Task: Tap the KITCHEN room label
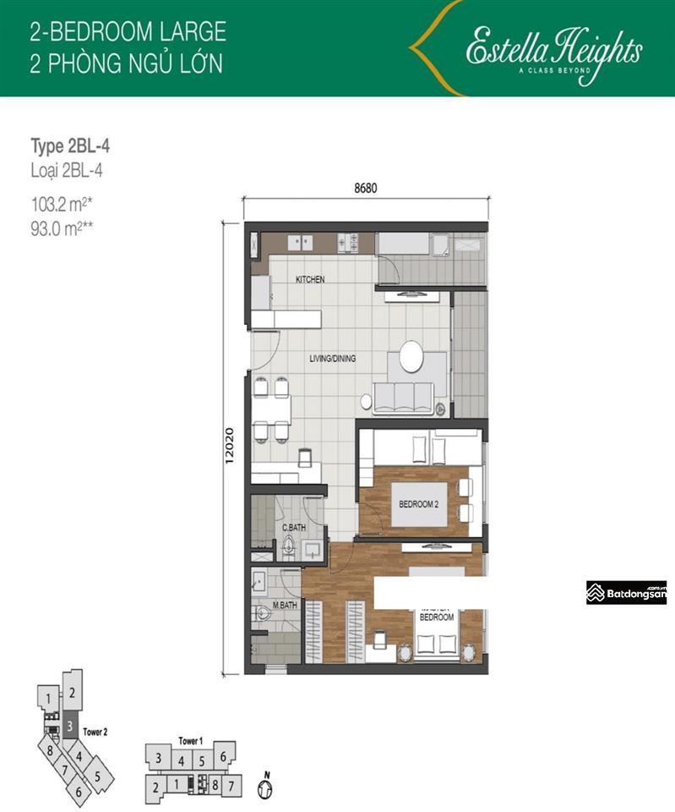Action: (x=310, y=279)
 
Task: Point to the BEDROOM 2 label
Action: (x=419, y=504)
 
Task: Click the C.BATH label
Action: (x=293, y=528)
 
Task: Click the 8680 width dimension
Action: (x=365, y=189)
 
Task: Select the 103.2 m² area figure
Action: (x=60, y=202)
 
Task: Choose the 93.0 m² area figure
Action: (x=60, y=226)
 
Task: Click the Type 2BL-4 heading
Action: (x=70, y=146)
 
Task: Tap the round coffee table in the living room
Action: (x=412, y=356)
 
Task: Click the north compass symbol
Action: (x=267, y=787)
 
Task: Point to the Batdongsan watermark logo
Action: (x=627, y=593)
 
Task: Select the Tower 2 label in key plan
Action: (x=95, y=732)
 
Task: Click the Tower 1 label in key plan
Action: (x=190, y=741)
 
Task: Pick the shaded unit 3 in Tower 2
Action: (x=71, y=726)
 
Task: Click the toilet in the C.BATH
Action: (x=289, y=548)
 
